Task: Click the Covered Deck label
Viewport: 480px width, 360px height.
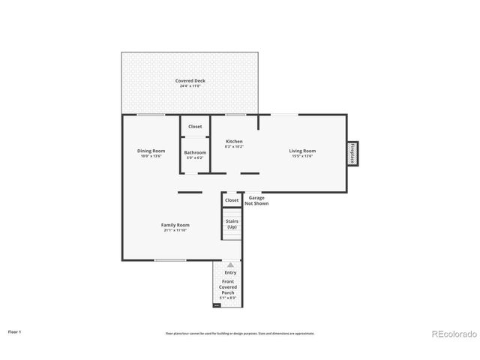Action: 190,80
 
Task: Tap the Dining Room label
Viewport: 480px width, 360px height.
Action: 150,151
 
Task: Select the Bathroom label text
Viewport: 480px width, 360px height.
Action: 195,152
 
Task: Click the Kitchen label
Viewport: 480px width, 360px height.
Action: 235,141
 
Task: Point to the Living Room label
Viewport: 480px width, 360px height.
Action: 302,151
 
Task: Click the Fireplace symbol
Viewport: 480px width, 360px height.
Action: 352,152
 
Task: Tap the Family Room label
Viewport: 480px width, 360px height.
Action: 175,224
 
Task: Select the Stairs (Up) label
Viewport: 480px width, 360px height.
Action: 232,223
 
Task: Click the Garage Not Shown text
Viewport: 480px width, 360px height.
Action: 259,200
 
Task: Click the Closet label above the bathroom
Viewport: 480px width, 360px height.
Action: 195,127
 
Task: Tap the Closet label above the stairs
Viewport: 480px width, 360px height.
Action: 232,200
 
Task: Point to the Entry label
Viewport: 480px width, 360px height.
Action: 230,272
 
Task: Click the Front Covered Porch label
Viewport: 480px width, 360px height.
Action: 228,287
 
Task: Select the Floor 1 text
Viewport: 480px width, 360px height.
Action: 15,331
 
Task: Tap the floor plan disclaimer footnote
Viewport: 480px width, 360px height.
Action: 240,333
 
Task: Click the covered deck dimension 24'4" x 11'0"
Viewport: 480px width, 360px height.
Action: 190,86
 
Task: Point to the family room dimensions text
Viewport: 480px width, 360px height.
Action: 175,230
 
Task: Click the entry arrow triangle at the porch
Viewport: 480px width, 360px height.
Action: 230,265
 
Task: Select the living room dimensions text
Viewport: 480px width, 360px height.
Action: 302,156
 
